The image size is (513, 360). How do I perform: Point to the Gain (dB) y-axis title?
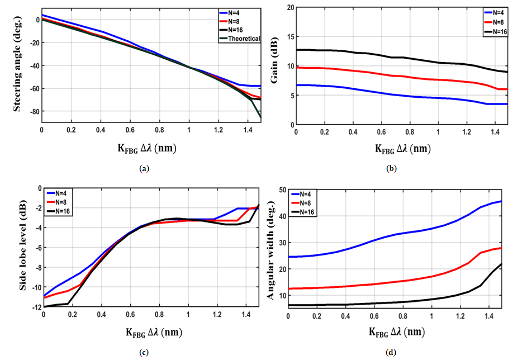tap(274, 70)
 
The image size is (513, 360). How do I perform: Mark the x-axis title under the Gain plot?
tap(400, 149)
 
